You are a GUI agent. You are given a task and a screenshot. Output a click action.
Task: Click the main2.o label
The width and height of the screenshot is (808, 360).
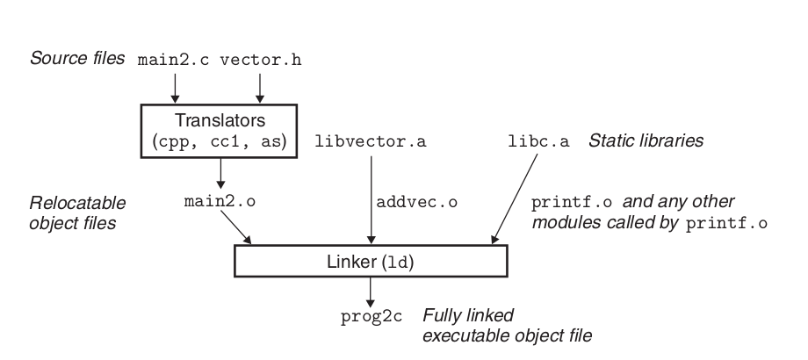tap(219, 201)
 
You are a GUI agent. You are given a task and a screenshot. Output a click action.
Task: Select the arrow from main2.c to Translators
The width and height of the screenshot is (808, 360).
tap(176, 86)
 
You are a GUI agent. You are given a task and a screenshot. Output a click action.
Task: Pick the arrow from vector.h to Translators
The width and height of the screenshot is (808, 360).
tap(259, 86)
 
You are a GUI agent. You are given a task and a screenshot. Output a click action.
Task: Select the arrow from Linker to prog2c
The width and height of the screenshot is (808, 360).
tap(371, 292)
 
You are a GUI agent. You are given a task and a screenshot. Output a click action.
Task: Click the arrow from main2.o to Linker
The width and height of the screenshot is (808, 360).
tap(238, 228)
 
